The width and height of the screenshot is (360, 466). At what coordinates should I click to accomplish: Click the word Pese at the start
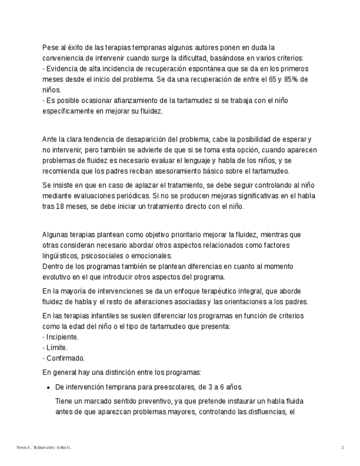click(x=50, y=48)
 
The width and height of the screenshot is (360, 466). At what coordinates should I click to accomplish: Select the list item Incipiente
click(x=62, y=337)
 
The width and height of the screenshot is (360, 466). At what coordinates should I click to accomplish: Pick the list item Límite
click(x=57, y=348)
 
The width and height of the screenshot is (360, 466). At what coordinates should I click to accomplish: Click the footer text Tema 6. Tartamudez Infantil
click(x=44, y=448)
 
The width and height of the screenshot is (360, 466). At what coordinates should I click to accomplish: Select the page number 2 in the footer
click(x=342, y=448)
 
